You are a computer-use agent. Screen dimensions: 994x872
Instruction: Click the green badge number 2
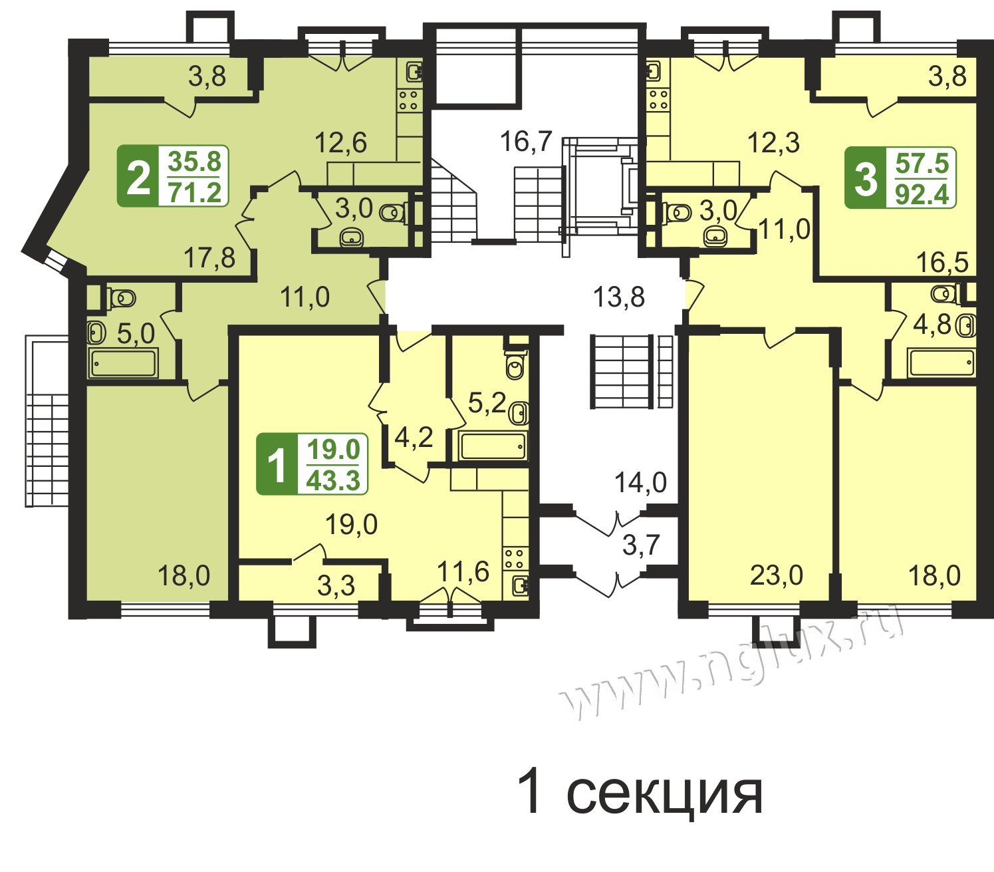click(138, 176)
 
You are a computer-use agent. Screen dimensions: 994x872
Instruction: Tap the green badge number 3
click(866, 177)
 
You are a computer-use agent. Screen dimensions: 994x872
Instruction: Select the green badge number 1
click(277, 464)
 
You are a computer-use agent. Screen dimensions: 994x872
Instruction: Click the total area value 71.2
click(195, 192)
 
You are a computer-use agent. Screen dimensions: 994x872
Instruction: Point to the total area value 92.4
click(923, 194)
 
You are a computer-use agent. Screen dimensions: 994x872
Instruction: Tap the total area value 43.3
click(334, 480)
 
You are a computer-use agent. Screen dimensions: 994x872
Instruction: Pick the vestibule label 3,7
click(641, 545)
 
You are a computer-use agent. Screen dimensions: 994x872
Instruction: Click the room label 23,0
click(777, 575)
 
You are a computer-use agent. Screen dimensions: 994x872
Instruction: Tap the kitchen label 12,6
click(340, 142)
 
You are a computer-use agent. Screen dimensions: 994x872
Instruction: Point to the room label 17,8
click(209, 257)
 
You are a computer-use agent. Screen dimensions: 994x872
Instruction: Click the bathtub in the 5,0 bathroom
click(124, 363)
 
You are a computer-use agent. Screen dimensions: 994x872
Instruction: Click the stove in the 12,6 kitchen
click(409, 100)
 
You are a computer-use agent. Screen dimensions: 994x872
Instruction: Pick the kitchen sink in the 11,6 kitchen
click(519, 586)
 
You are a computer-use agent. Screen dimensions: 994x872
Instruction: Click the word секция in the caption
click(664, 794)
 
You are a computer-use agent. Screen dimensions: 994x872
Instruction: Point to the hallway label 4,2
click(414, 438)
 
